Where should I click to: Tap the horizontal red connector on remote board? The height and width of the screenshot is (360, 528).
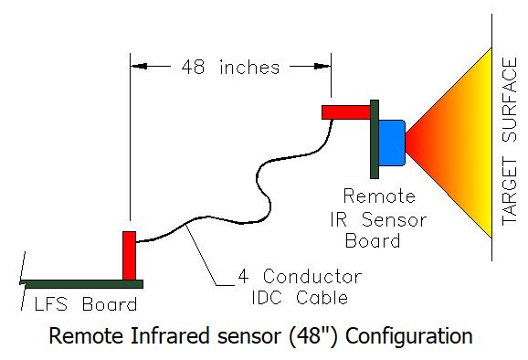pos(346,111)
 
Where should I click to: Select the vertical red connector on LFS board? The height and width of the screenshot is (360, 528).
pos(129,257)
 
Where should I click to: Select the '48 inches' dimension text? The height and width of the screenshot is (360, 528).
pos(230,66)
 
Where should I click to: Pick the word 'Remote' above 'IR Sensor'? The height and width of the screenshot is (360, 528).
pos(378,196)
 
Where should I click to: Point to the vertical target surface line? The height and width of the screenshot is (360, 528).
pos(493,137)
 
